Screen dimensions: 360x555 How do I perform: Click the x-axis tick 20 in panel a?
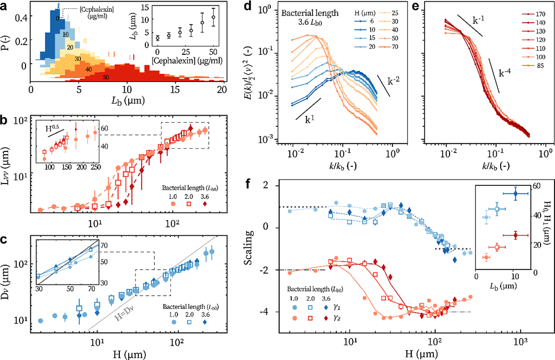click(222, 89)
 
